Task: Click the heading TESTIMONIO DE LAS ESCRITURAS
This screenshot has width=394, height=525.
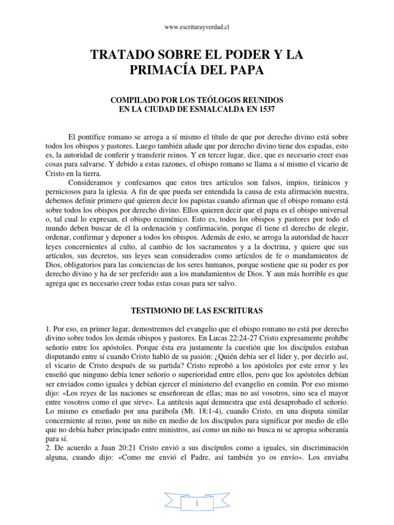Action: pyautogui.click(x=196, y=311)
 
